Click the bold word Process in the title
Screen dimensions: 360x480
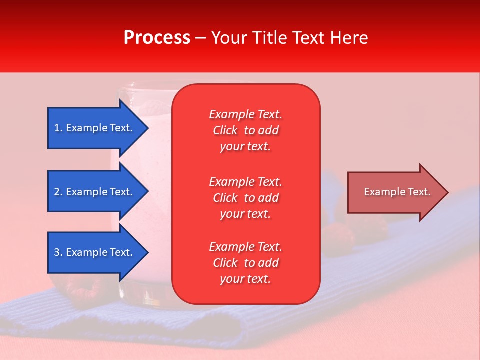pyautogui.click(x=157, y=38)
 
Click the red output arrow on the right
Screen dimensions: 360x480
pyautogui.click(x=395, y=192)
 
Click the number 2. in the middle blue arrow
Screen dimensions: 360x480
pyautogui.click(x=58, y=192)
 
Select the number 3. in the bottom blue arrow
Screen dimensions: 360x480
pyautogui.click(x=58, y=252)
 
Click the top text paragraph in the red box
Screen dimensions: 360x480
pyautogui.click(x=245, y=130)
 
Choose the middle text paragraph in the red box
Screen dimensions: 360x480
pyautogui.click(x=245, y=197)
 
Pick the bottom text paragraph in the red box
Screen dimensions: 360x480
pyautogui.click(x=245, y=263)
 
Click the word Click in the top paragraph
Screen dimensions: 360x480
pyautogui.click(x=225, y=130)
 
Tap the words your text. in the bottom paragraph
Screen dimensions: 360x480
pyautogui.click(x=245, y=279)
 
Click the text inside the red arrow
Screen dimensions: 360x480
pyautogui.click(x=397, y=192)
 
